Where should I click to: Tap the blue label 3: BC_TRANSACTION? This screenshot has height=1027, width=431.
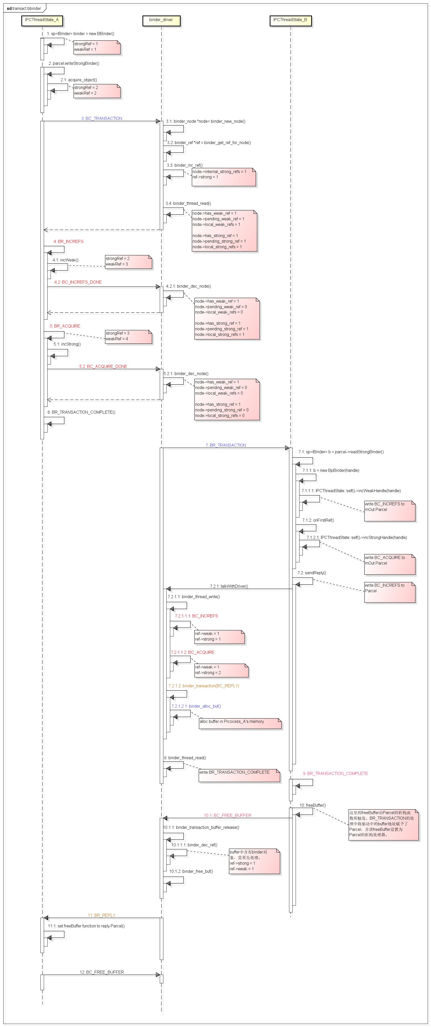[102, 118]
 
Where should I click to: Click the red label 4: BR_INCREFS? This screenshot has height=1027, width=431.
[68, 242]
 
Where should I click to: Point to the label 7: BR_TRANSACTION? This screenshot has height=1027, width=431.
[226, 445]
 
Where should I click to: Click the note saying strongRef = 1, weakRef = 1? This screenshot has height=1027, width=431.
[97, 47]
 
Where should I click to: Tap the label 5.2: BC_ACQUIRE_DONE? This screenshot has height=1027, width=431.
[103, 366]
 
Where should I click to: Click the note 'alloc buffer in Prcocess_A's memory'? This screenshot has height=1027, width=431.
[240, 723]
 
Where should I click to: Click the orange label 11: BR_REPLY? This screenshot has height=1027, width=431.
[101, 915]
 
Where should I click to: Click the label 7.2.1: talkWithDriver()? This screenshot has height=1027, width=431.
[229, 586]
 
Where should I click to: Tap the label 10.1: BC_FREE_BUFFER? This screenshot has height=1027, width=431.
[227, 815]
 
